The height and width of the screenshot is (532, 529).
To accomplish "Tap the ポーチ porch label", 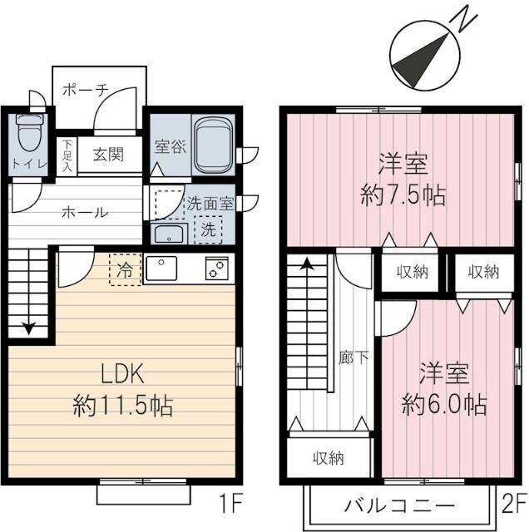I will coord(85,91).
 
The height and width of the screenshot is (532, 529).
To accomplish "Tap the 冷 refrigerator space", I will coord(125,269).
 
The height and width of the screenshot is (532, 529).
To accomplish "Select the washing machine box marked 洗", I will coord(208,230).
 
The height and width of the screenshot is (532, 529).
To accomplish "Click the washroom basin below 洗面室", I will coord(169,232).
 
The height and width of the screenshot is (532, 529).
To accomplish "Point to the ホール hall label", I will coord(85,212).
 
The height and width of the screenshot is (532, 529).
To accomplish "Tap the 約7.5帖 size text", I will coord(403,196).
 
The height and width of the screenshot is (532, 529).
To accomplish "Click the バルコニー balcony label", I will coord(399,505).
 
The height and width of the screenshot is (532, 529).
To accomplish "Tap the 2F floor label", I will coord(512,504).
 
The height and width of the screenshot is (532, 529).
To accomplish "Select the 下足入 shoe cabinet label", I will coord(67,155).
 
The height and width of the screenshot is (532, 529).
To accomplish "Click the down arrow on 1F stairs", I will coord(30,328).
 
